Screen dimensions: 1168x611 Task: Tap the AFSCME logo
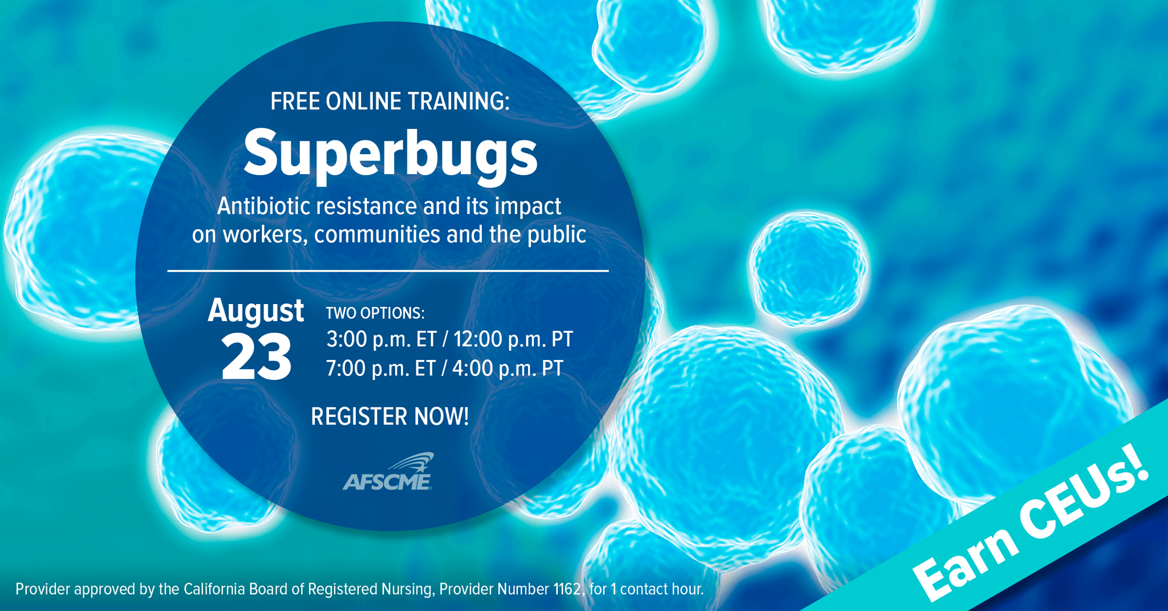(x=388, y=472)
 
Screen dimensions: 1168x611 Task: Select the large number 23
(x=256, y=357)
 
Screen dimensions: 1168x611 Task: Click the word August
(x=255, y=311)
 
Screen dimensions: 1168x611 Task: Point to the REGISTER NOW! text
(x=390, y=416)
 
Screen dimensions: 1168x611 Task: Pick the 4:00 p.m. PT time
(x=508, y=369)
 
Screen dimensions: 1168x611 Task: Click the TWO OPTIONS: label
(x=375, y=313)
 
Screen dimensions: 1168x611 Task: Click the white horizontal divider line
(x=388, y=270)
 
